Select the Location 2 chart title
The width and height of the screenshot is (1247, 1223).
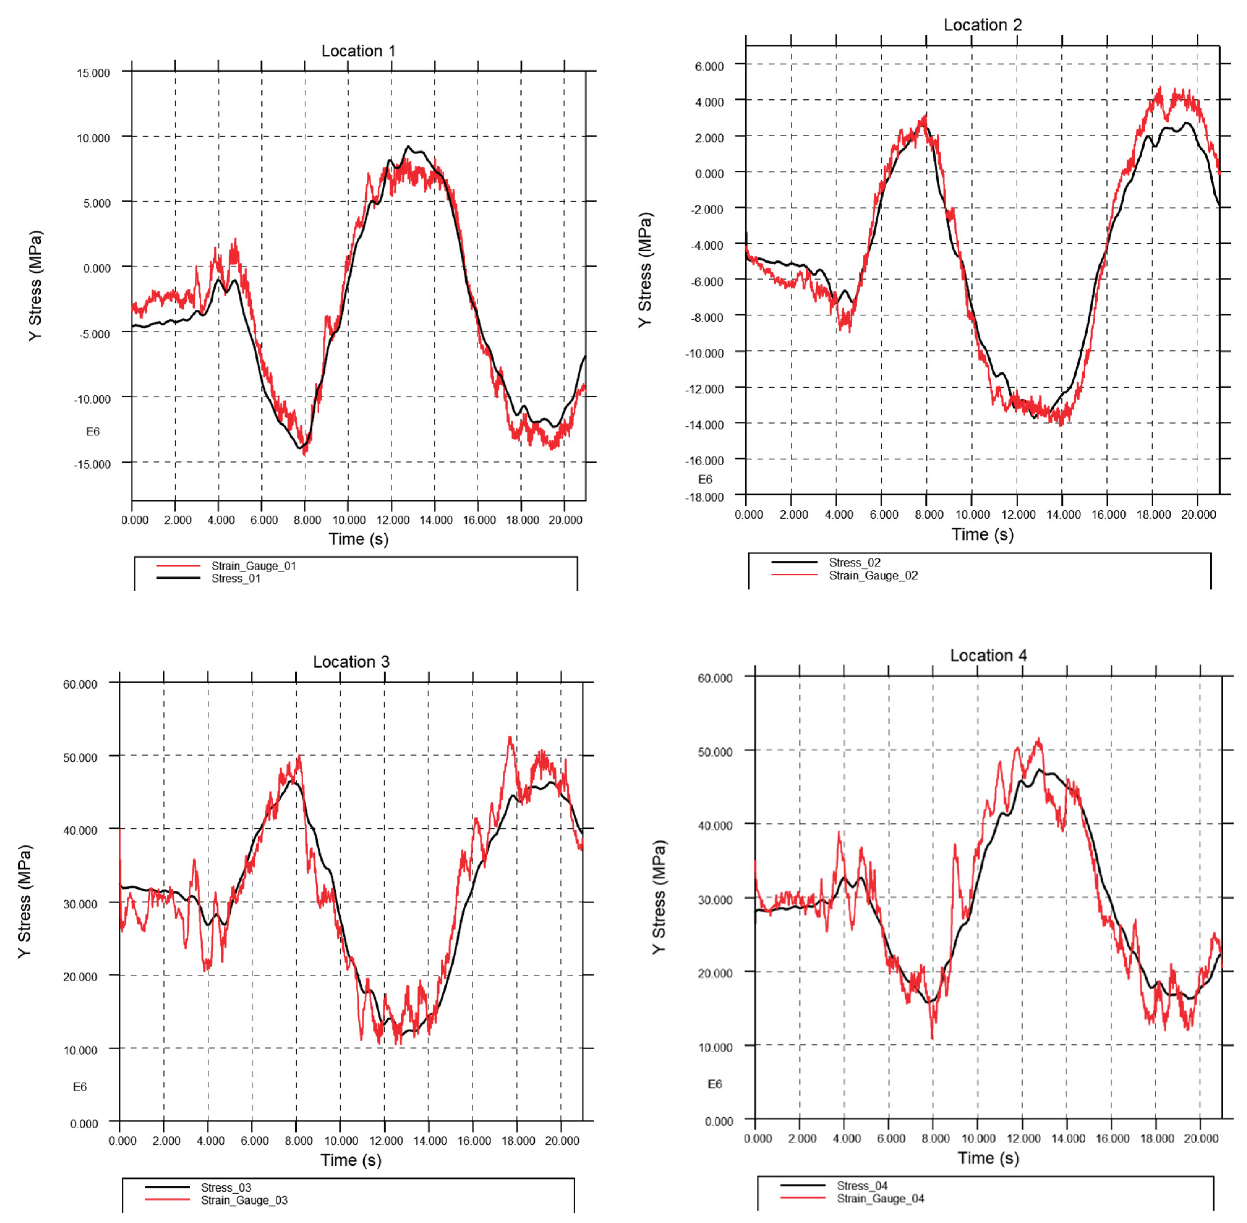[x=982, y=25]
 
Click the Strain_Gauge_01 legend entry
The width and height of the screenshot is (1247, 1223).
[x=254, y=566]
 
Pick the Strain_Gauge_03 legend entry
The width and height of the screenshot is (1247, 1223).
[x=244, y=1200]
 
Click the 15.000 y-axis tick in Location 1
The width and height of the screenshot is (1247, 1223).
[x=94, y=73]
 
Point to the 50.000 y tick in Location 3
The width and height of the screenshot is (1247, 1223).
[x=80, y=757]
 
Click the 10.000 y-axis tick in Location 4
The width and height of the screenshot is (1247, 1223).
[x=715, y=1047]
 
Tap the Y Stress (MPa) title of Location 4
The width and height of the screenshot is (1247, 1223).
[x=659, y=897]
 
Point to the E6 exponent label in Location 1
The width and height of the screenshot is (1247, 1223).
[x=93, y=432]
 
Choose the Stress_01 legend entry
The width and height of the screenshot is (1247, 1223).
[x=236, y=579]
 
